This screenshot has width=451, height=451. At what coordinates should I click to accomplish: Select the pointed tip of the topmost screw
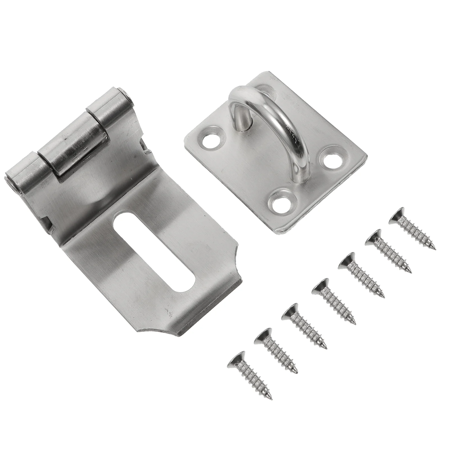[435, 249]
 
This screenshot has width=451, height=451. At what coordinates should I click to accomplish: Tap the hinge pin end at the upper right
[129, 97]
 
